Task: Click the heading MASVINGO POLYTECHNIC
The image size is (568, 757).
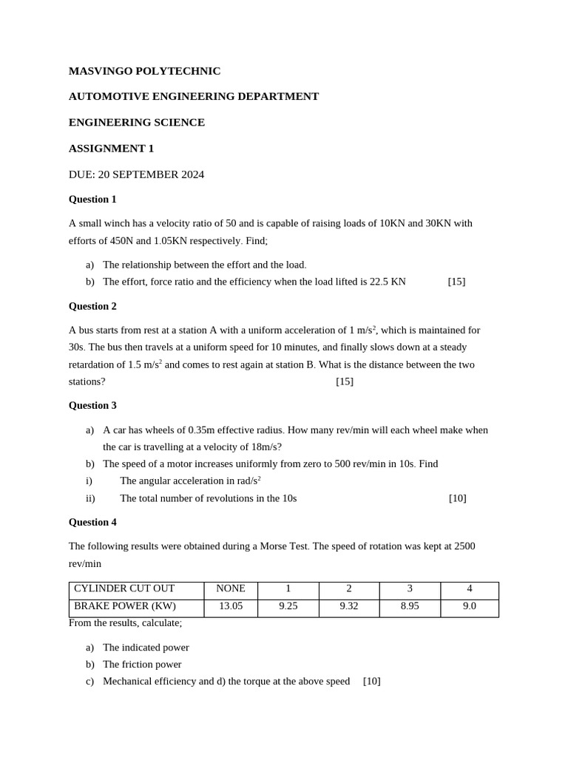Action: point(144,71)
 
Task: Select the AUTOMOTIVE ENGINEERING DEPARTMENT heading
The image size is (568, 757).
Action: point(194,96)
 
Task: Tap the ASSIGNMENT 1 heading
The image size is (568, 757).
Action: point(111,148)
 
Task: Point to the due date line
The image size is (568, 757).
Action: point(136,174)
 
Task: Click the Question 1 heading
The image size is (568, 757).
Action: point(92,199)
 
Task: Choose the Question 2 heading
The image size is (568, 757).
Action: point(92,306)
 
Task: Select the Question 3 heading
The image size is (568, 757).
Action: point(92,405)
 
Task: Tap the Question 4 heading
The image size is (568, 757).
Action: point(92,522)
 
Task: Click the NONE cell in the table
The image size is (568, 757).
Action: point(231,589)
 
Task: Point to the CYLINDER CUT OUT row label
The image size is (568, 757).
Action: point(124,589)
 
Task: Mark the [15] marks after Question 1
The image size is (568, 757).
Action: point(456,282)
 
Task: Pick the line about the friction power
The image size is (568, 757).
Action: point(142,664)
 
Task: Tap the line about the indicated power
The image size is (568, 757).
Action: point(146,647)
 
